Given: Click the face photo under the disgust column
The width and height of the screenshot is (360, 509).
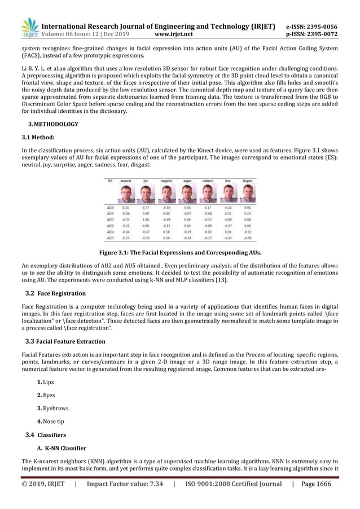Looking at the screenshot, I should point(247,195).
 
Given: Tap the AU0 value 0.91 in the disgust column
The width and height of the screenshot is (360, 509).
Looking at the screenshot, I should point(247,208).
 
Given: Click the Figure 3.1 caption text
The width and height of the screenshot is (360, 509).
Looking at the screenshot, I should point(180,253).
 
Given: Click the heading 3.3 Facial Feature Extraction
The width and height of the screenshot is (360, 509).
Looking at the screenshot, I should point(65,341).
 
